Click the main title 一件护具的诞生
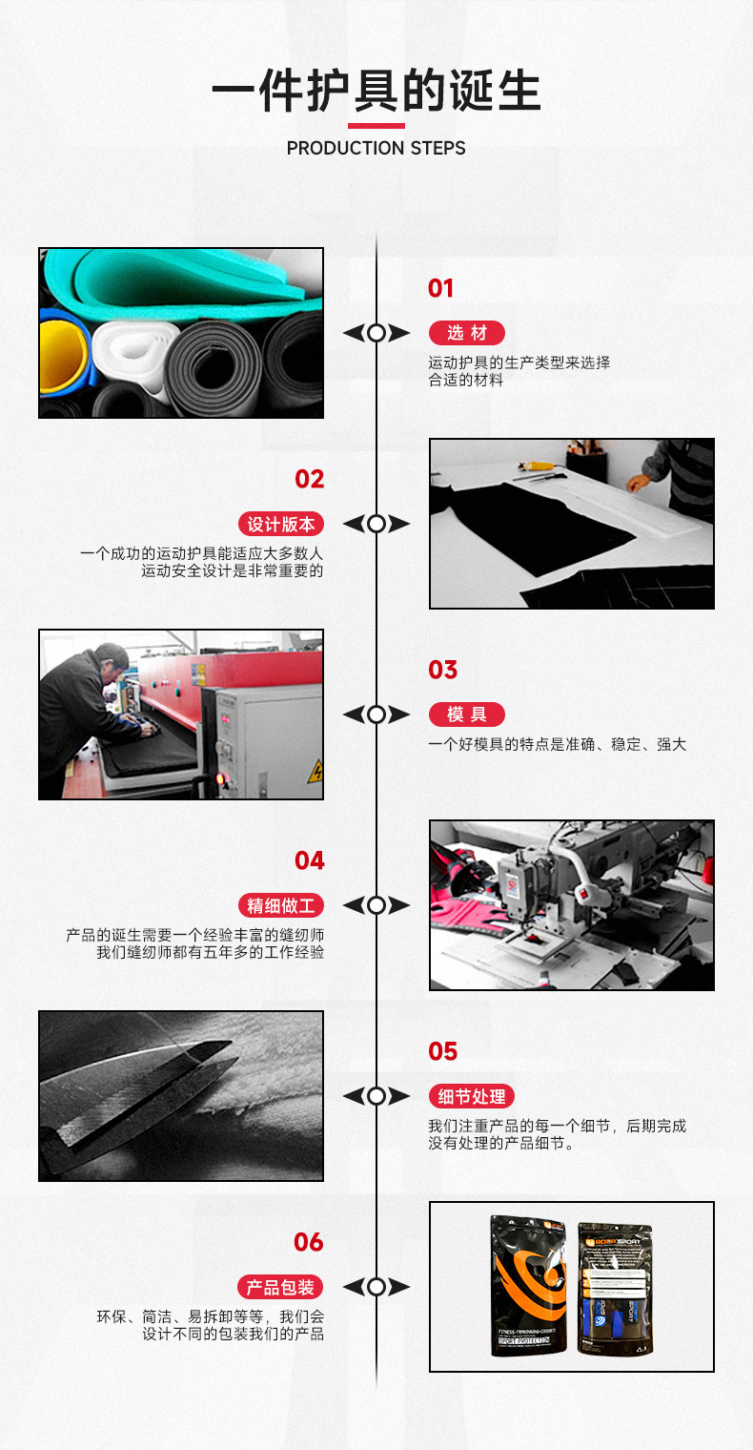tap(376, 93)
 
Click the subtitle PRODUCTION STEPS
tap(376, 148)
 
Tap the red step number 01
tap(440, 288)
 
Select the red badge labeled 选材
tap(466, 333)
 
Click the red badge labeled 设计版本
tap(280, 524)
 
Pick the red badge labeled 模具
tap(466, 715)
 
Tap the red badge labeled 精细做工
tap(280, 905)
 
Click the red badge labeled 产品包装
tap(280, 1287)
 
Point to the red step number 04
tap(309, 860)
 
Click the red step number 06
tap(309, 1242)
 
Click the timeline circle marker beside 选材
tap(376, 333)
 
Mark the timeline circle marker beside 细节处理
tap(376, 1096)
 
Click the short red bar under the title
tap(376, 125)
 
